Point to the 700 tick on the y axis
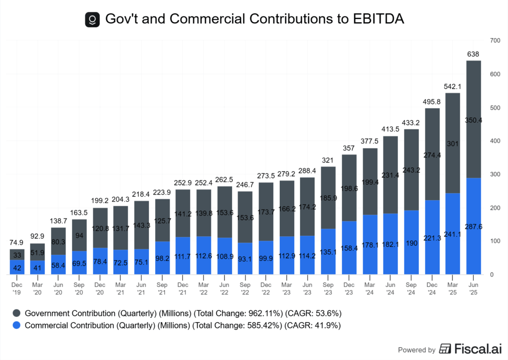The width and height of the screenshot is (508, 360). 494,40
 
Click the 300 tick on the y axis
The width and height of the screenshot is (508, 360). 494,174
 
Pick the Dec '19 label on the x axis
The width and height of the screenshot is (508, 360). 17,289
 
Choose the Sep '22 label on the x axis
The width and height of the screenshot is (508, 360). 245,289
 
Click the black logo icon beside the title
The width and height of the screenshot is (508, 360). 92,19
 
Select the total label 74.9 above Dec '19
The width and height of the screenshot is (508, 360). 17,242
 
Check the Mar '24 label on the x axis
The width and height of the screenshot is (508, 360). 370,289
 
